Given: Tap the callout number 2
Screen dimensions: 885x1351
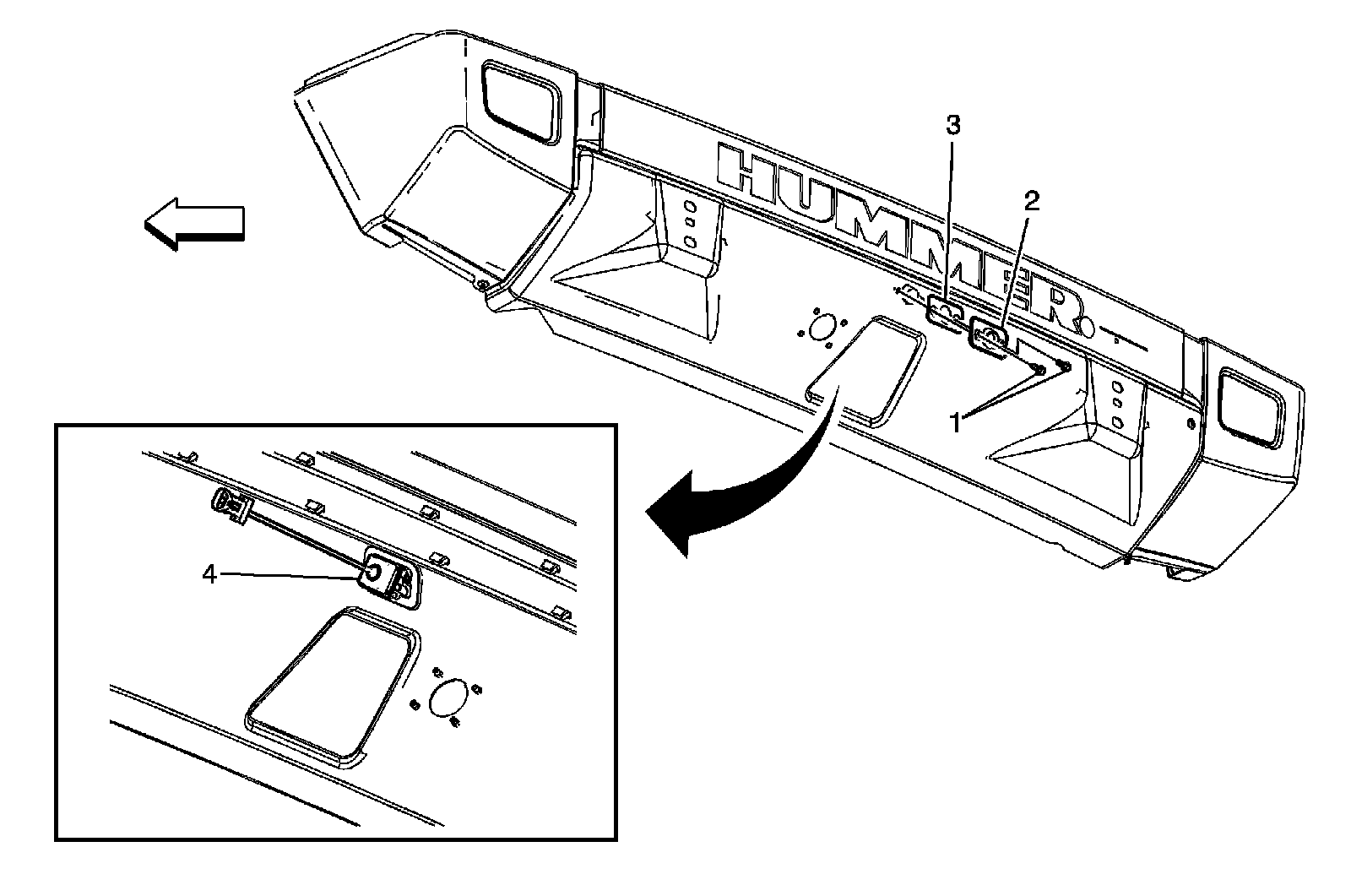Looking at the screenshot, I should coord(1031,201).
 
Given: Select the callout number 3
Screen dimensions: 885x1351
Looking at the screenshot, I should coord(952,126).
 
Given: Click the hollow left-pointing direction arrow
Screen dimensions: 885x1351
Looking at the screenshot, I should coord(194,224).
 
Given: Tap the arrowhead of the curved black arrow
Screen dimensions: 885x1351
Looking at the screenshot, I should coord(675,515).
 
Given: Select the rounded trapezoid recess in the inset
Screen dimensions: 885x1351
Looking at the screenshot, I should coord(329,684).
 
